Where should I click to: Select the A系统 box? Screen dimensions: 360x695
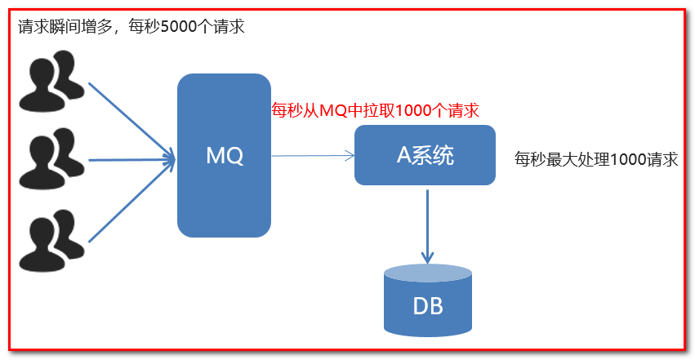coord(425,155)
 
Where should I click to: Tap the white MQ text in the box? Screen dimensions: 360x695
coord(224,155)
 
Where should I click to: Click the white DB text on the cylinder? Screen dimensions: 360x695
coord(427,307)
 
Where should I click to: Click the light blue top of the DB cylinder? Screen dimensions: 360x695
coord(427,273)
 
